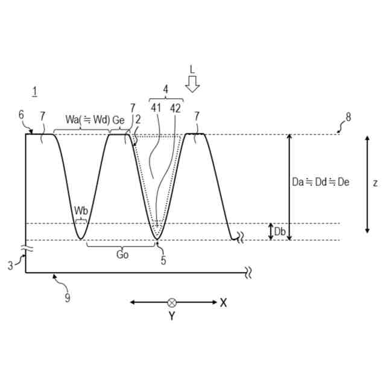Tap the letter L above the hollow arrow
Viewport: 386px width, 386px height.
click(x=192, y=69)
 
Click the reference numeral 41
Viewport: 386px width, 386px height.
click(x=156, y=109)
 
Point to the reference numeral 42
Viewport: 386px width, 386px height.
click(x=175, y=109)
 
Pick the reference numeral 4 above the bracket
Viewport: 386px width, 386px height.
click(x=165, y=89)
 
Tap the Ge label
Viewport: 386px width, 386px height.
click(x=118, y=120)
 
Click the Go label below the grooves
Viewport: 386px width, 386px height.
click(x=122, y=255)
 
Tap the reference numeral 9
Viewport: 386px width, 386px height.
click(x=68, y=296)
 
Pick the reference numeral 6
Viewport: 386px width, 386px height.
click(x=22, y=115)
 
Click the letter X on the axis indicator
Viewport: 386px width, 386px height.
click(x=224, y=302)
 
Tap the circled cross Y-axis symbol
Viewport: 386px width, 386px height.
click(x=172, y=302)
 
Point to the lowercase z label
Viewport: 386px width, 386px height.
click(x=375, y=183)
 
